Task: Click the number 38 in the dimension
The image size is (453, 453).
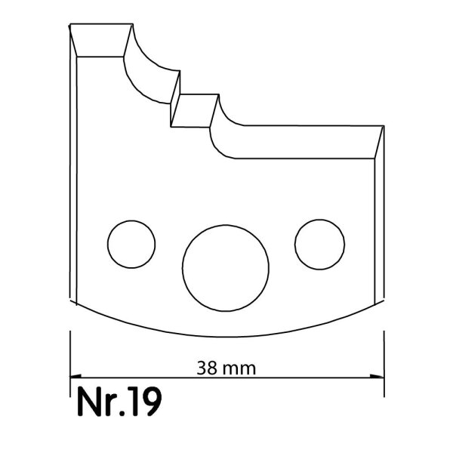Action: pyautogui.click(x=207, y=368)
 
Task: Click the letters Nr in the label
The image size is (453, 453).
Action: pyautogui.click(x=97, y=402)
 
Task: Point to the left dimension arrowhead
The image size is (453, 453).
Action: pyautogui.click(x=75, y=377)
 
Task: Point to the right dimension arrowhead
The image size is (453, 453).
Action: pyautogui.click(x=377, y=377)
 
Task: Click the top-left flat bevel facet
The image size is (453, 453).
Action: pyautogui.click(x=101, y=40)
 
